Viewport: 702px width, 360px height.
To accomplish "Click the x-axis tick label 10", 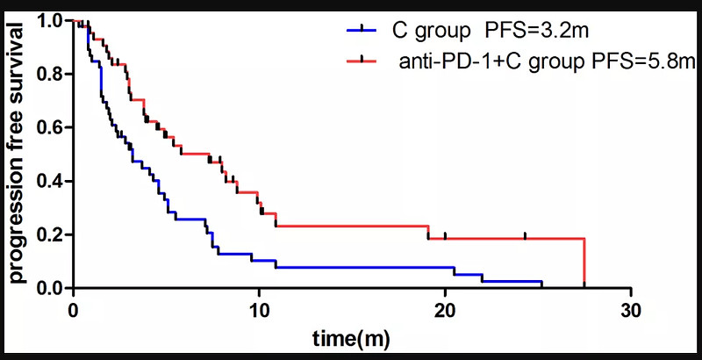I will pos(259,310).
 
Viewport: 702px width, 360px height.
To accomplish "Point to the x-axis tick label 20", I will pos(445,310).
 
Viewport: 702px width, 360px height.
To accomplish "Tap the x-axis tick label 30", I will pos(631,310).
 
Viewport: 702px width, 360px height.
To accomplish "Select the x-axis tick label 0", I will pos(74,310).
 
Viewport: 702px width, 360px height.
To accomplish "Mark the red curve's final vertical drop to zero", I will pos(584,263).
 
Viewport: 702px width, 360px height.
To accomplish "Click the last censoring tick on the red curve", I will pos(525,235).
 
